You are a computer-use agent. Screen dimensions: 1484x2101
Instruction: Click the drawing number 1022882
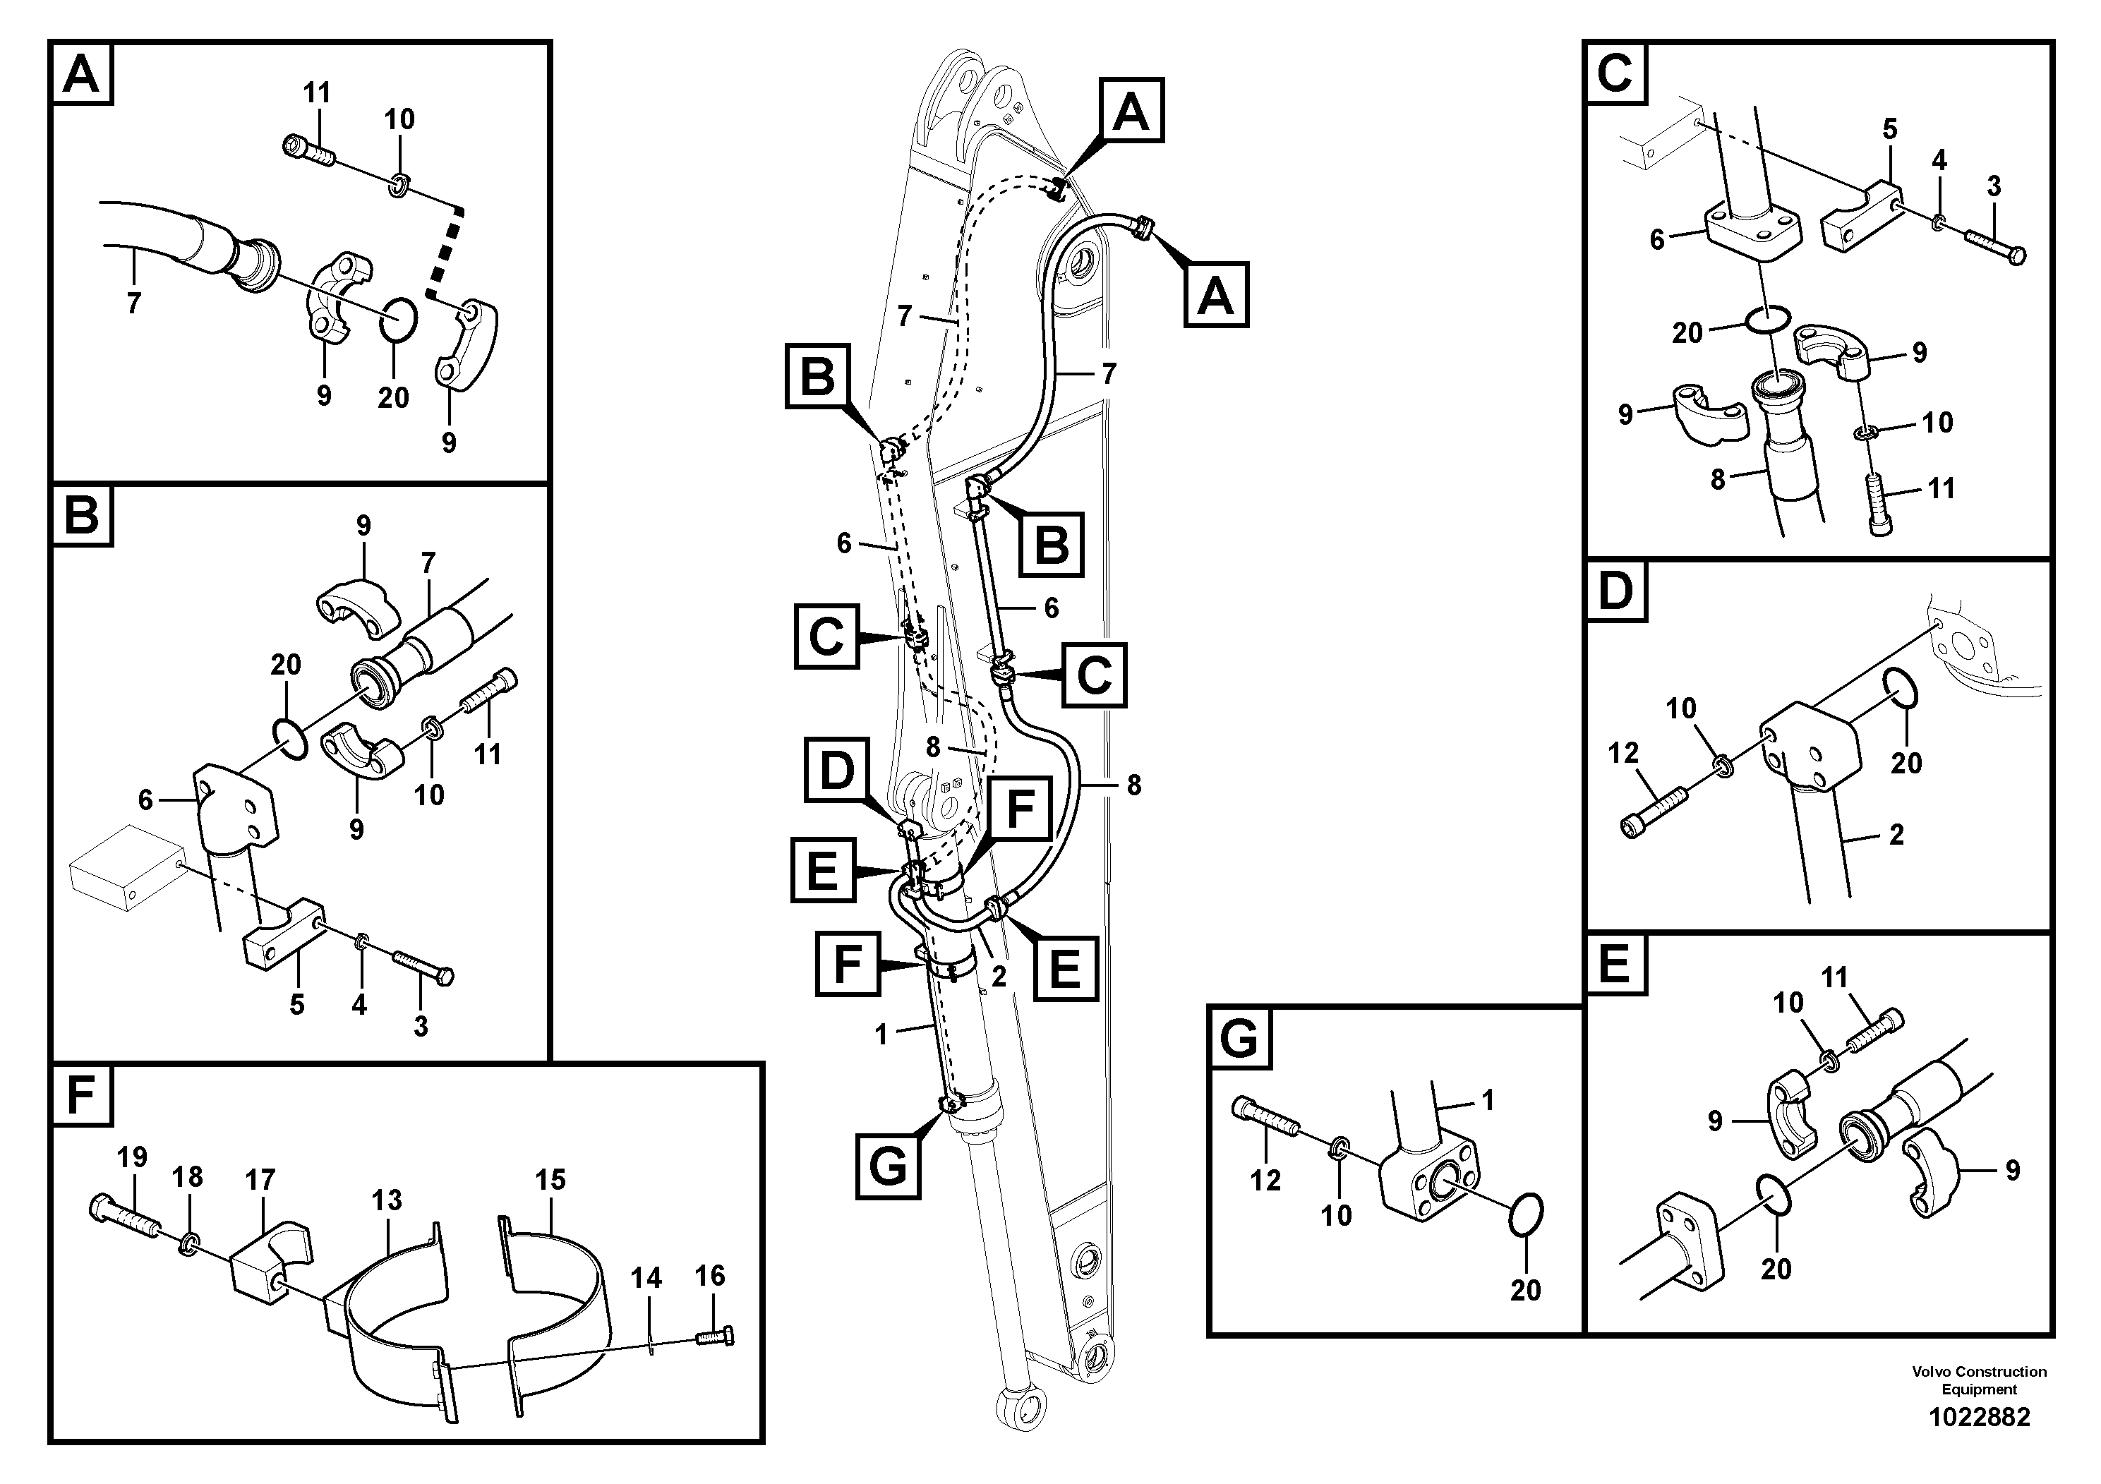coord(1978,1417)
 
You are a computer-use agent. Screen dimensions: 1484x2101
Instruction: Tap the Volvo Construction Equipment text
coord(1978,1380)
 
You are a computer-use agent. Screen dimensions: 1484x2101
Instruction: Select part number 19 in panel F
coord(132,1157)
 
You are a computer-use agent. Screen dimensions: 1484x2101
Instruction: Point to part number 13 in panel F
coord(387,1200)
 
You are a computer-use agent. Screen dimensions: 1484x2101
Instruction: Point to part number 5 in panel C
coord(1889,129)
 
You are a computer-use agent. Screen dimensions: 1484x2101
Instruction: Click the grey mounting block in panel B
coord(124,866)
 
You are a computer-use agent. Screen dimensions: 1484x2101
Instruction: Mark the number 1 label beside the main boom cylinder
coord(881,1034)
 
